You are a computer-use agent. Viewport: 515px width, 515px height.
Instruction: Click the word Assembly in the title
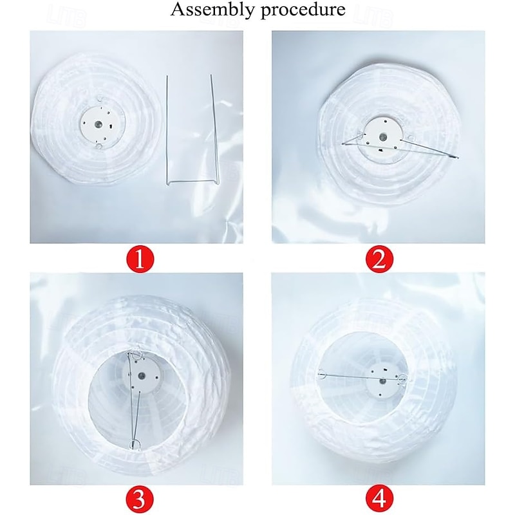[213, 10]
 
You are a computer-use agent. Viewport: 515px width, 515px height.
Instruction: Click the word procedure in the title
[303, 9]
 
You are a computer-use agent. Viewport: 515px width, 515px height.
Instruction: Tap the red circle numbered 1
[140, 259]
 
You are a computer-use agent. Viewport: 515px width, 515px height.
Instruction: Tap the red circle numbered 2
[380, 259]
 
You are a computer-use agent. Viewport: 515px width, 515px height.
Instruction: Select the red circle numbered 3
[140, 500]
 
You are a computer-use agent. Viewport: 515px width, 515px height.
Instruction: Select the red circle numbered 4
[380, 500]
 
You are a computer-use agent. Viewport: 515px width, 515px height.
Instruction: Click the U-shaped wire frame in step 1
[167, 131]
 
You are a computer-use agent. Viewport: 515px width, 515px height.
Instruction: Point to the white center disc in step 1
[103, 124]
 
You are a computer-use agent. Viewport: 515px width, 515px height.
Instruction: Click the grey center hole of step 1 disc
[98, 124]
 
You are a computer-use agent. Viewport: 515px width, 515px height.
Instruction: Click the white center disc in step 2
[384, 137]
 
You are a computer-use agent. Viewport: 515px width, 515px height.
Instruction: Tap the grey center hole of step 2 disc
[382, 136]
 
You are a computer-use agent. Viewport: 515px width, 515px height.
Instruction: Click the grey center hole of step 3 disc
[142, 375]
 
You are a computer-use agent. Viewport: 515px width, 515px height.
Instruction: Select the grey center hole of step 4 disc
[382, 381]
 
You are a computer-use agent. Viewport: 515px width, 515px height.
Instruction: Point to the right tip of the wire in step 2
[458, 158]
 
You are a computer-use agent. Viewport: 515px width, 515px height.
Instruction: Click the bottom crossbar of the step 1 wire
[192, 181]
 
